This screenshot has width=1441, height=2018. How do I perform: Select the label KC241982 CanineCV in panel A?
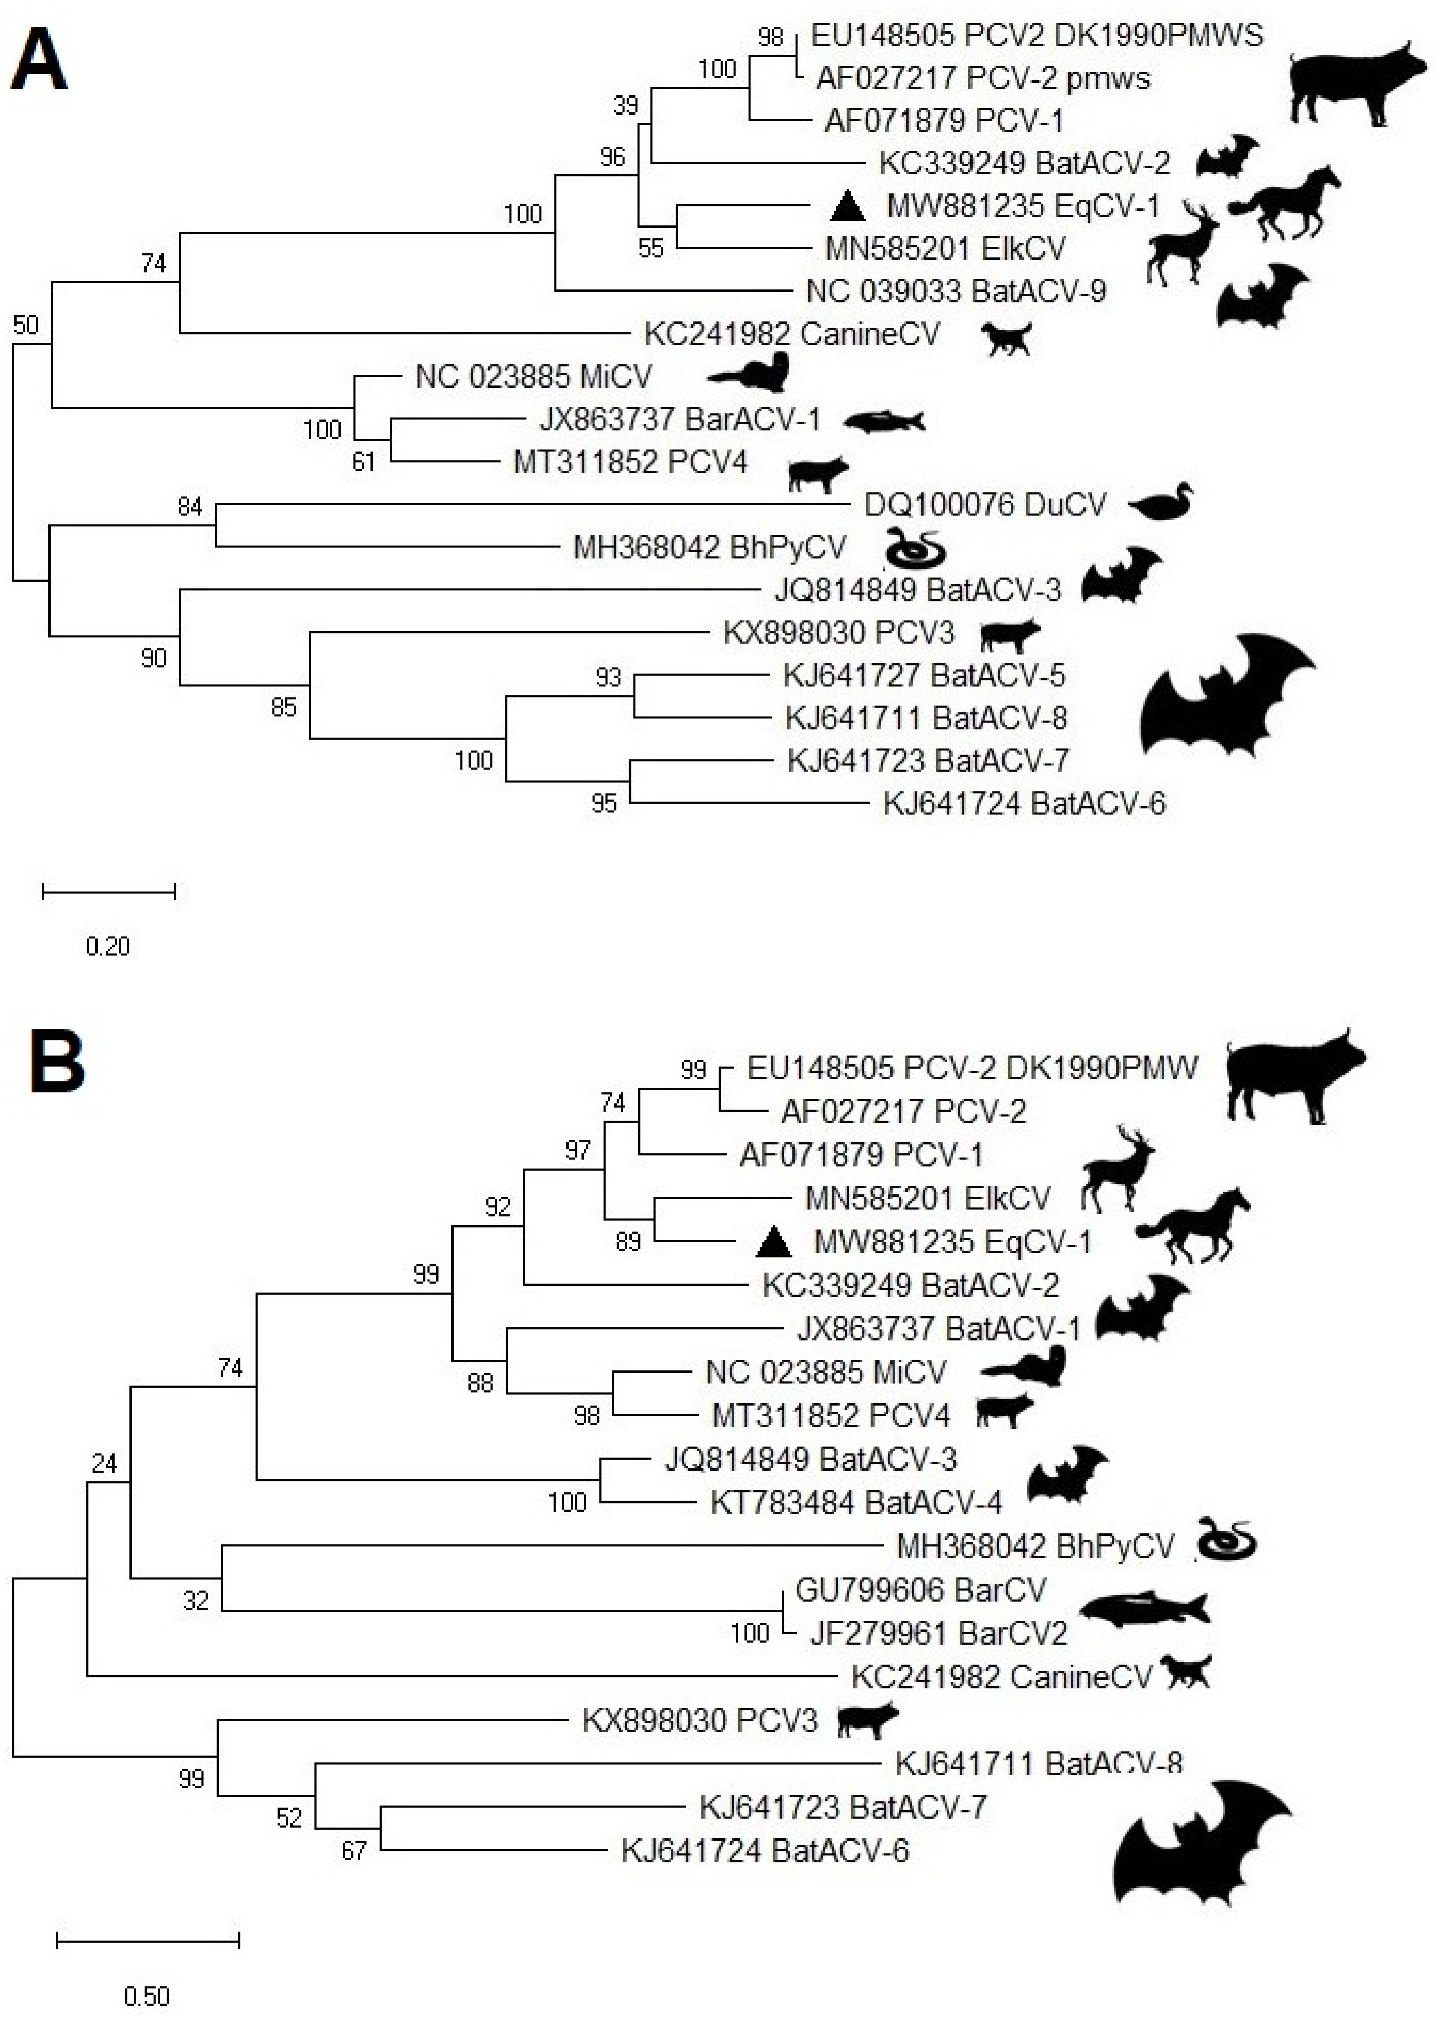click(791, 334)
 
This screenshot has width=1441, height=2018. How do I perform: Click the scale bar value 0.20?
click(107, 946)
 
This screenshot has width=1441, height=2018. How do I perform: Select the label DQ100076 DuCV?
click(985, 505)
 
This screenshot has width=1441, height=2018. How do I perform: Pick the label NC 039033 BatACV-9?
click(956, 291)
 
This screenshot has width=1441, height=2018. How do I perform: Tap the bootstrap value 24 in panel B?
click(104, 1463)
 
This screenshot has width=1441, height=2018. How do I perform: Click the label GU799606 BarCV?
click(920, 1589)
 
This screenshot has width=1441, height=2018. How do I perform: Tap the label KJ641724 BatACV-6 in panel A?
click(1024, 804)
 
